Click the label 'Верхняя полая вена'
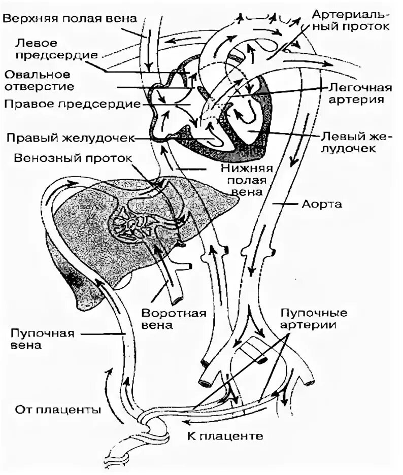point(70,19)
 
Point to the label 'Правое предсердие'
point(72,104)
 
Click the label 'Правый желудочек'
point(70,138)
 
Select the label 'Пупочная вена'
point(43,339)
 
